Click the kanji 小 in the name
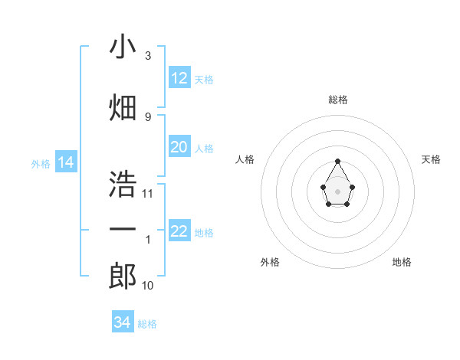click(x=123, y=47)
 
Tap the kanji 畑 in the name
click(x=123, y=106)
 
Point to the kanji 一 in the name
click(x=123, y=230)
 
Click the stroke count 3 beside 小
click(x=147, y=56)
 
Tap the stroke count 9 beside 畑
click(x=147, y=116)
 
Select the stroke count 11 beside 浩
click(x=148, y=194)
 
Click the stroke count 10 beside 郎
click(x=148, y=286)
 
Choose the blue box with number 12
click(x=179, y=78)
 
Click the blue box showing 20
click(x=179, y=147)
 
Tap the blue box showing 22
click(x=179, y=231)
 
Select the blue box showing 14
click(x=65, y=162)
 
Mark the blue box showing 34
click(x=123, y=322)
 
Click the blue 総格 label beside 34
click(x=147, y=324)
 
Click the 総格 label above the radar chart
click(x=337, y=100)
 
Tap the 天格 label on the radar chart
click(x=431, y=159)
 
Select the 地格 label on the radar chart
click(x=402, y=262)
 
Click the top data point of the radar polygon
click(x=337, y=161)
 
